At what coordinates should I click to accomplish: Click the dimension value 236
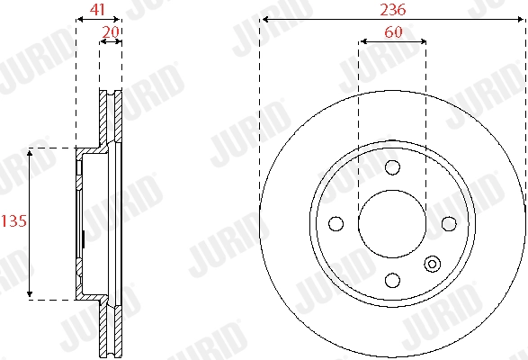[x=393, y=9]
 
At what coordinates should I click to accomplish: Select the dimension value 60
[x=393, y=32]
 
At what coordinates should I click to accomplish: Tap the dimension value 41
[x=97, y=9]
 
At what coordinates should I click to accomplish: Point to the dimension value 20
[x=111, y=32]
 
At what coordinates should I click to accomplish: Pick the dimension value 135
[x=13, y=221]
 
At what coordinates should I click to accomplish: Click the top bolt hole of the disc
[x=392, y=167]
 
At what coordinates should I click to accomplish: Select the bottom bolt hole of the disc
[x=392, y=280]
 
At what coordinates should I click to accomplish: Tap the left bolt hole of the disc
[x=336, y=223]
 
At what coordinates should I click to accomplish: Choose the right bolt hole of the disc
[x=449, y=223]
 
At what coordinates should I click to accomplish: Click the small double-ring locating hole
[x=432, y=264]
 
